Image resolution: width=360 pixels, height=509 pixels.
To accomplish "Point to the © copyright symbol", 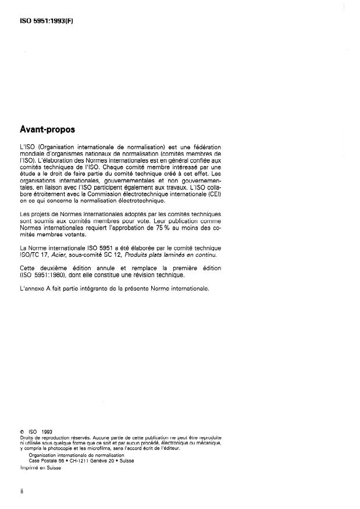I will point(22,431).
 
